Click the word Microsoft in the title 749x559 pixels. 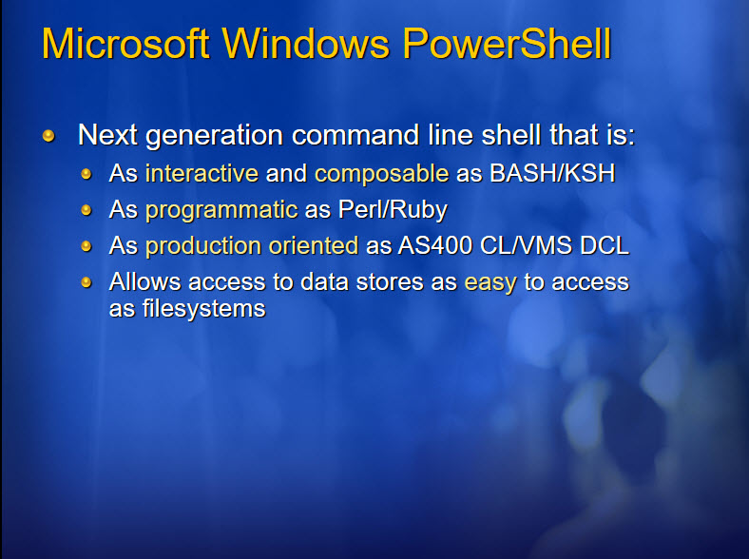pyautogui.click(x=125, y=44)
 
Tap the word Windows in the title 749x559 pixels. pyautogui.click(x=306, y=44)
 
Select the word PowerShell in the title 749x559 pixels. pyautogui.click(x=507, y=44)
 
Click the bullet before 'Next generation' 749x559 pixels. pyautogui.click(x=48, y=136)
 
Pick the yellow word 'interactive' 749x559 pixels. pyautogui.click(x=202, y=173)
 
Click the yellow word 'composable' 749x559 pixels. pyautogui.click(x=382, y=174)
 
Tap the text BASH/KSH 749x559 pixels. pyautogui.click(x=552, y=173)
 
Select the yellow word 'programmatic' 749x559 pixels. pyautogui.click(x=221, y=210)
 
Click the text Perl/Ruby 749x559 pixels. pyautogui.click(x=393, y=210)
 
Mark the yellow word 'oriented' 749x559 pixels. pyautogui.click(x=314, y=245)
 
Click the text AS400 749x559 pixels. pyautogui.click(x=435, y=245)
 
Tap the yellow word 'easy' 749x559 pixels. pyautogui.click(x=490, y=283)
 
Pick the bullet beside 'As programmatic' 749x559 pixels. pyautogui.click(x=86, y=210)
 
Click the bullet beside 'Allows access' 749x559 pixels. pyautogui.click(x=86, y=282)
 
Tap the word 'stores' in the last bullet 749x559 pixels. pyautogui.click(x=390, y=282)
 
